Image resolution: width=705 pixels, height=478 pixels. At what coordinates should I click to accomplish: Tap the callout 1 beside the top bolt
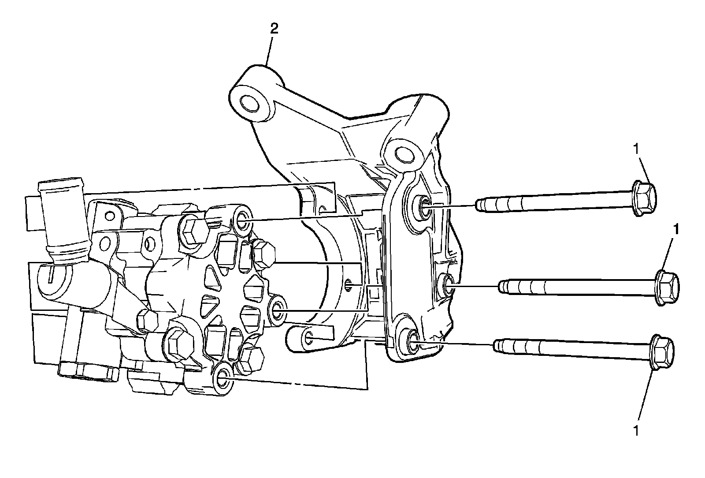click(x=635, y=149)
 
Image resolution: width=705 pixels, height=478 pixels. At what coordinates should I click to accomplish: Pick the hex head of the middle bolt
click(x=668, y=287)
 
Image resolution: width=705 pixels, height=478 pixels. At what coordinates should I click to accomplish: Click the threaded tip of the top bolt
click(x=482, y=205)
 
